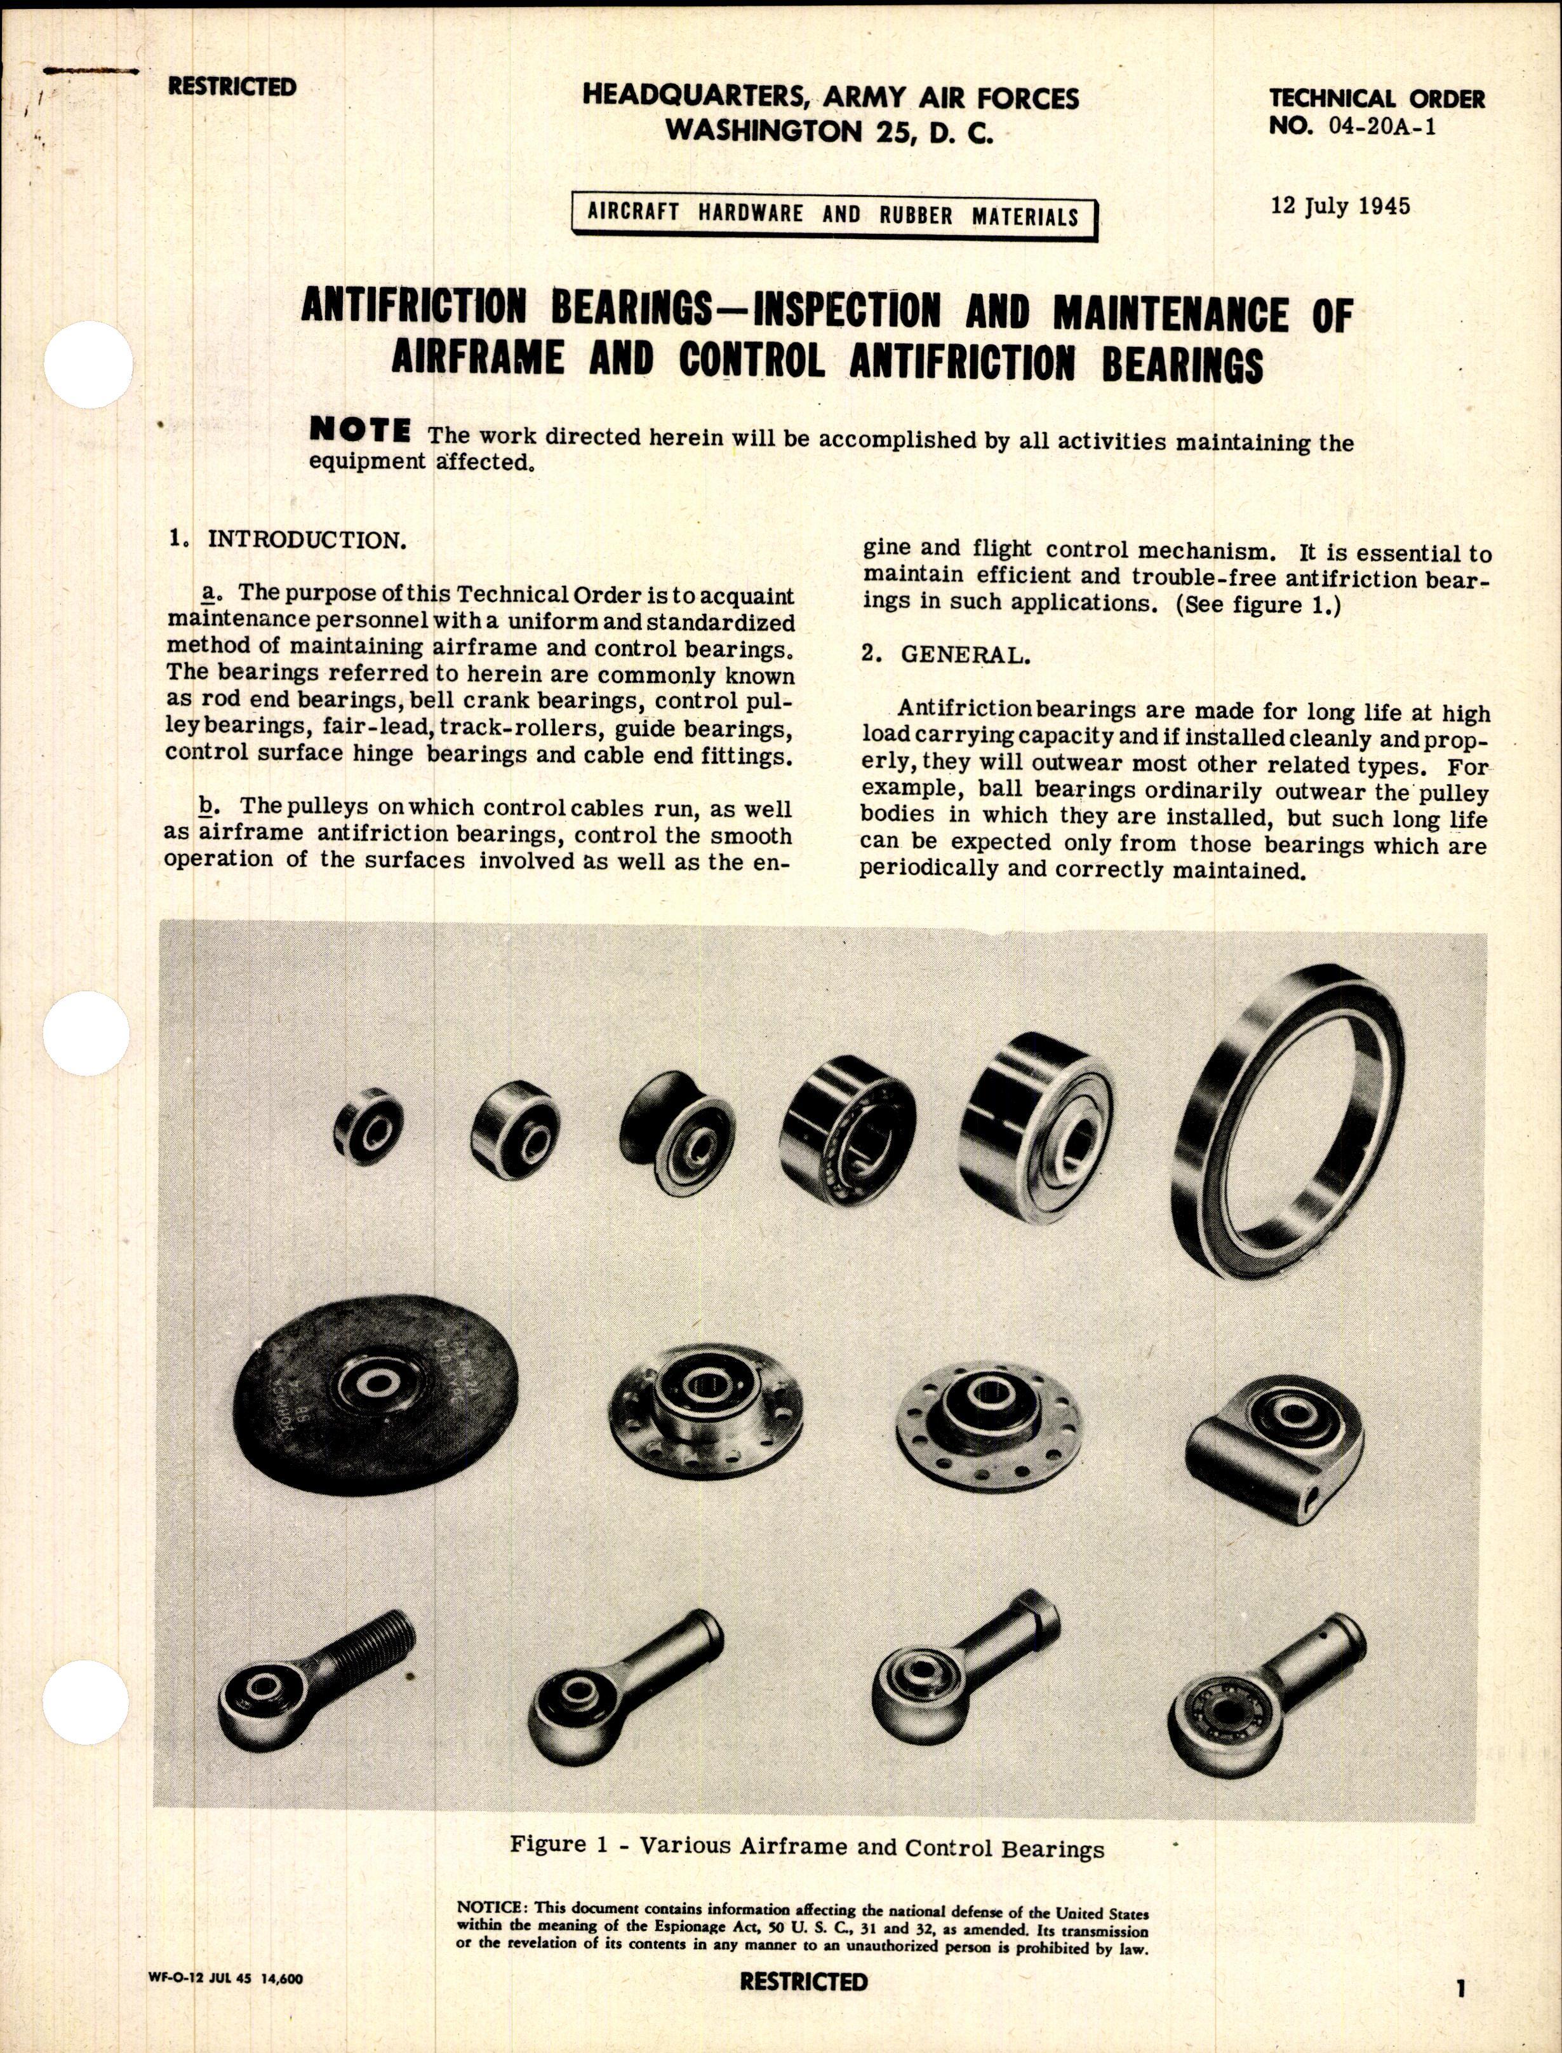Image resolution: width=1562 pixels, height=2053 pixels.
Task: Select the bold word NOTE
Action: click(360, 431)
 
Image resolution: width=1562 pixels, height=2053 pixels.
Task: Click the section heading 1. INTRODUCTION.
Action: click(287, 541)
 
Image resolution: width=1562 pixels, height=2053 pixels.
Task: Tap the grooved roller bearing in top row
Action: click(679, 1131)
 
